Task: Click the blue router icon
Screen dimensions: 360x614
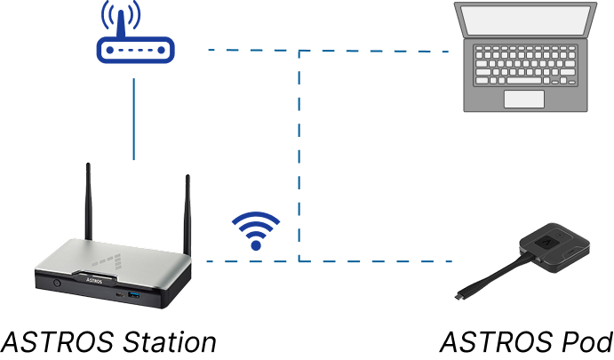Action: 135,50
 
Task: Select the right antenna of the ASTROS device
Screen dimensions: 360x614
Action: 187,213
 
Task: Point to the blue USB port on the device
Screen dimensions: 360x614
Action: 135,294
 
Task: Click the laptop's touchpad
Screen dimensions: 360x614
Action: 523,99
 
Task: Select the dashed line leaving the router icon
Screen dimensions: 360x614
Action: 249,51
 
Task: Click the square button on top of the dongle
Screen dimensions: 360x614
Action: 548,239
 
